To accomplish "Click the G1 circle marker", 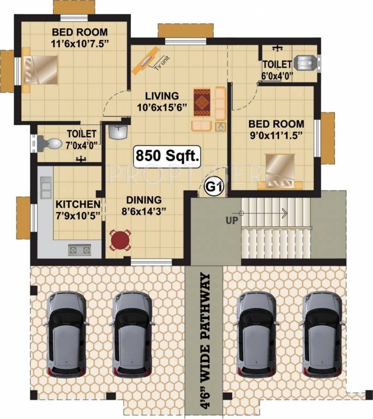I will click(x=214, y=187).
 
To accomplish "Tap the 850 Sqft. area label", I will click(x=166, y=157).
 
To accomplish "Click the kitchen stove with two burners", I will click(x=79, y=250).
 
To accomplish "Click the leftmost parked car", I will click(x=66, y=334).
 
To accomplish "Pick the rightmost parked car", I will click(x=322, y=334).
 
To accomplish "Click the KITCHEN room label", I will click(x=77, y=205).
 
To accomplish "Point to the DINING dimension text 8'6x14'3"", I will click(x=144, y=210).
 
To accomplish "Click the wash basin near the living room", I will click(x=117, y=131).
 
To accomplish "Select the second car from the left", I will click(x=131, y=334).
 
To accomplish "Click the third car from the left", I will click(x=258, y=334).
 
